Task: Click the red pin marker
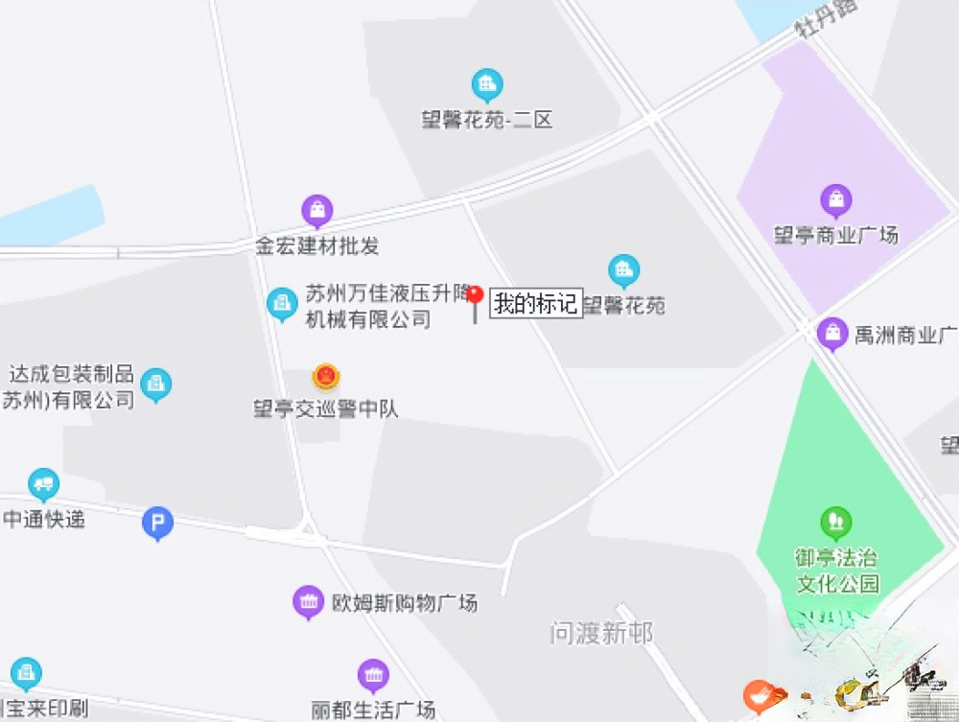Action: (474, 295)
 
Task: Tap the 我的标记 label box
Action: (536, 304)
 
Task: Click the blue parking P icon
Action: (157, 523)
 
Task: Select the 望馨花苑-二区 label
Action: (487, 121)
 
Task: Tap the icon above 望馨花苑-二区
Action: (487, 85)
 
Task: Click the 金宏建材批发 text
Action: (317, 245)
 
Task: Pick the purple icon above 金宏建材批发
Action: (316, 209)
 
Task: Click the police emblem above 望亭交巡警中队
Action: (326, 376)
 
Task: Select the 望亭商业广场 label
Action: (836, 235)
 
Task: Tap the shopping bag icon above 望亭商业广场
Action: (836, 199)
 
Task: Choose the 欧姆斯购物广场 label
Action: (404, 603)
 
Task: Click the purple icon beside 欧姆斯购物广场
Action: (308, 602)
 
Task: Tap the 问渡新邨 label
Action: (601, 633)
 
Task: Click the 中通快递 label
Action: (44, 519)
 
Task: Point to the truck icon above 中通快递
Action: (43, 484)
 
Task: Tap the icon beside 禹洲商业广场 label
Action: (832, 333)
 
